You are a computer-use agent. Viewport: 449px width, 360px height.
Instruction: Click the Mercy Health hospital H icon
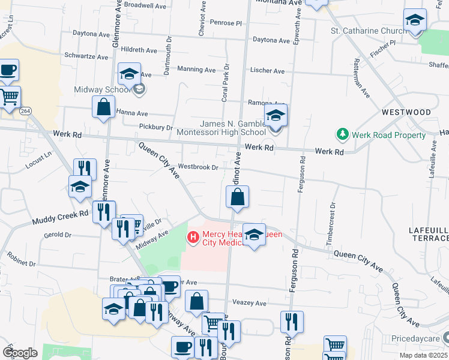coord(193,238)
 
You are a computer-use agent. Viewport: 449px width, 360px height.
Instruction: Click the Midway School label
coord(101,90)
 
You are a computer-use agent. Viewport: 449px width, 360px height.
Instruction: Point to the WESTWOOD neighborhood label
coord(406,112)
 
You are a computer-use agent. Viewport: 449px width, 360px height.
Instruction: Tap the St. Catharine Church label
coord(367,31)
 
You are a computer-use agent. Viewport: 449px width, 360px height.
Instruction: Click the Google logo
coord(20,352)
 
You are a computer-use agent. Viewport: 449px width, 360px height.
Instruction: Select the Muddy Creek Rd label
coord(60,217)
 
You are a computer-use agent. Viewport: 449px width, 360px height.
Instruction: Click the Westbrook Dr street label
coord(197,167)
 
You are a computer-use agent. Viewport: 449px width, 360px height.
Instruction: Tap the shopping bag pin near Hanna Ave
coord(103,107)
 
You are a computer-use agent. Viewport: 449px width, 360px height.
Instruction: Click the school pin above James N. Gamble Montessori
coord(276,115)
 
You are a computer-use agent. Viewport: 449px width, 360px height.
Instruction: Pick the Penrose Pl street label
coord(226,23)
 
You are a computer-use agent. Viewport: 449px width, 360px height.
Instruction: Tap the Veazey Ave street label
coord(249,303)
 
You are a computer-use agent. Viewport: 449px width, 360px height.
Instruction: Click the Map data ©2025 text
coord(421,355)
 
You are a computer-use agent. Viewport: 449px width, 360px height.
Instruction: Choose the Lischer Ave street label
coord(267,71)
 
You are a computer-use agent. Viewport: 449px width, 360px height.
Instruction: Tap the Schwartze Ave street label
coord(87,57)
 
